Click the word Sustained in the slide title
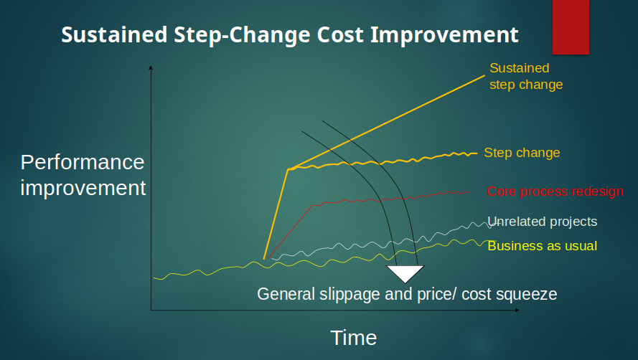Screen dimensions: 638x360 114,34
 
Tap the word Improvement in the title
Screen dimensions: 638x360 444,35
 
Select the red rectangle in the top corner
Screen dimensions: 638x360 571,27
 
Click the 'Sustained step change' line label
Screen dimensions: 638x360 526,76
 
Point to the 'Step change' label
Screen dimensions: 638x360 522,153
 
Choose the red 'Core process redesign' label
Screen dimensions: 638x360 555,191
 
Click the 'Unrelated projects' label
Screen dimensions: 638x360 543,222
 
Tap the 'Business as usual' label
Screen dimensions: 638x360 543,246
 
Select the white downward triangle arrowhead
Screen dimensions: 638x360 405,273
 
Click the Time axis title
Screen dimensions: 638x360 354,338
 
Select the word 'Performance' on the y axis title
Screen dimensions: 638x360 83,162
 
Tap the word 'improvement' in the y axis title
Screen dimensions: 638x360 83,188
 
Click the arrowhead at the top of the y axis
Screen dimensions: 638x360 151,67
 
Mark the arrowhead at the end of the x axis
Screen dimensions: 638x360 517,310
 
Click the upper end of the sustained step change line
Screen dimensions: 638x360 484,75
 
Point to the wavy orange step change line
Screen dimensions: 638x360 383,161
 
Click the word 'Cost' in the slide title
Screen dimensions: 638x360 340,34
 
